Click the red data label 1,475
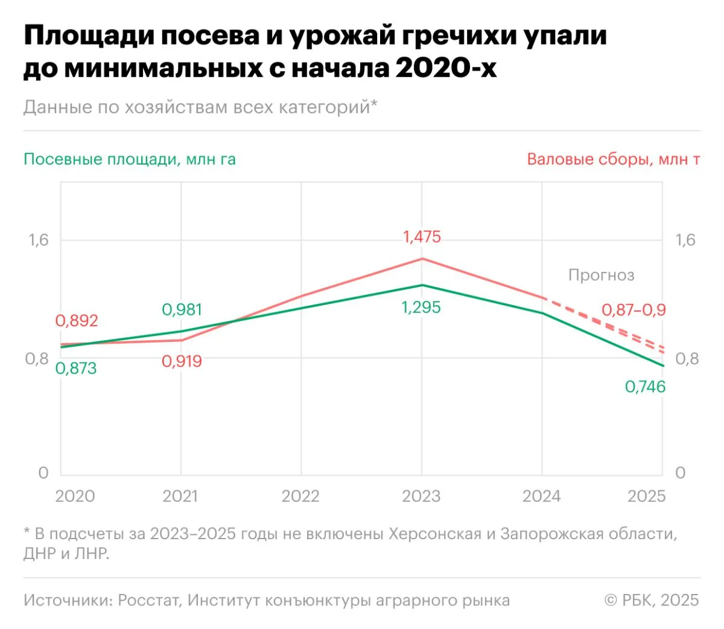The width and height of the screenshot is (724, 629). pos(422,237)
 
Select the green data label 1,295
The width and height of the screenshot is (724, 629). pos(421,308)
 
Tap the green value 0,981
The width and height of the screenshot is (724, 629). pos(182,310)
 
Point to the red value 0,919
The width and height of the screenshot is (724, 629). pos(182,361)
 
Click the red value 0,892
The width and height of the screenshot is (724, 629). pos(77,321)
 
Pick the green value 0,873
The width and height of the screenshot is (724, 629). pos(76,368)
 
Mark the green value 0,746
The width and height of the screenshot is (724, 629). pos(645,387)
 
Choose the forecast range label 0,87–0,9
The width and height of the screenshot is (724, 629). pos(634,310)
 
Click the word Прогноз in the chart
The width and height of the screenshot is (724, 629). pos(601,276)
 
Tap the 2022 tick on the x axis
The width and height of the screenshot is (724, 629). pos(300,496)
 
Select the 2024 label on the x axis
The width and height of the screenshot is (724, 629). pos(541,496)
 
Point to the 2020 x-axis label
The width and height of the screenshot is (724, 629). pos(75,496)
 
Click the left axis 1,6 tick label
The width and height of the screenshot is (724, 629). pos(38,240)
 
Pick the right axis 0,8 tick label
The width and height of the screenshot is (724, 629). pos(687,359)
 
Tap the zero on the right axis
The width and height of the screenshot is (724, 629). pos(680,473)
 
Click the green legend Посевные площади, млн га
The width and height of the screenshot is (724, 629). pos(129,160)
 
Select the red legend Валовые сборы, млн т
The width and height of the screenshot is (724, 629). pos(613,160)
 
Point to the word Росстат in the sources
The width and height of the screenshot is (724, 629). pos(149,601)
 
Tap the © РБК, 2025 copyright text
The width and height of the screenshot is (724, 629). pos(652,601)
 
